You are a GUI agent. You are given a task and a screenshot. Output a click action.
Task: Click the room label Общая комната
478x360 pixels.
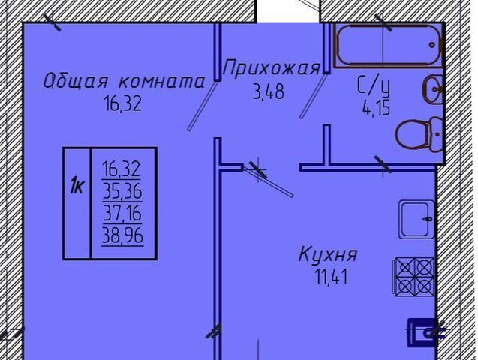124,81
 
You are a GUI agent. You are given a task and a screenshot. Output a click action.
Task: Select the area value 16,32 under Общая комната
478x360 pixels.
122,103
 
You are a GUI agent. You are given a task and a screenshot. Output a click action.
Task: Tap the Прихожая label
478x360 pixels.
272,68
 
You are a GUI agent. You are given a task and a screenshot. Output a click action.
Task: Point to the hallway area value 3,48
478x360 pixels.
269,91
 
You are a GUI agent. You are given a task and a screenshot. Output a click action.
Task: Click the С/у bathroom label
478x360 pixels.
374,84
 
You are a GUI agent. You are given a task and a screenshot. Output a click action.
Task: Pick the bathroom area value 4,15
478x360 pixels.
376,108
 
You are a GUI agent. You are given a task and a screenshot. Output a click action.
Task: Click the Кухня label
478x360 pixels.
328,254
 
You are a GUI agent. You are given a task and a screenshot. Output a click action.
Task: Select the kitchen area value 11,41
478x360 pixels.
331,277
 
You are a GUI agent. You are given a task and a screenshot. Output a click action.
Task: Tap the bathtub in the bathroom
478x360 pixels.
388,46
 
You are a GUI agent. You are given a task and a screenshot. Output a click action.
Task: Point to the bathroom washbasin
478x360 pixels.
432,89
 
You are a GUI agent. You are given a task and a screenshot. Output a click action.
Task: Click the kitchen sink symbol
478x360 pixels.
416,219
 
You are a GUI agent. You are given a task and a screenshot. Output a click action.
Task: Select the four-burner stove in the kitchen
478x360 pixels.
413,277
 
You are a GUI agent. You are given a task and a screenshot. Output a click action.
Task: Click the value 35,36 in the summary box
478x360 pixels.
122,192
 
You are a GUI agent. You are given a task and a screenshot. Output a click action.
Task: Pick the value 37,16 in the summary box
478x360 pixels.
122,213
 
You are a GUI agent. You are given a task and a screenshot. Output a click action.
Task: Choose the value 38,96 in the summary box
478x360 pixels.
122,235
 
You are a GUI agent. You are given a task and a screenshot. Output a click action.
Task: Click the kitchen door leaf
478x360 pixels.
269,181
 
